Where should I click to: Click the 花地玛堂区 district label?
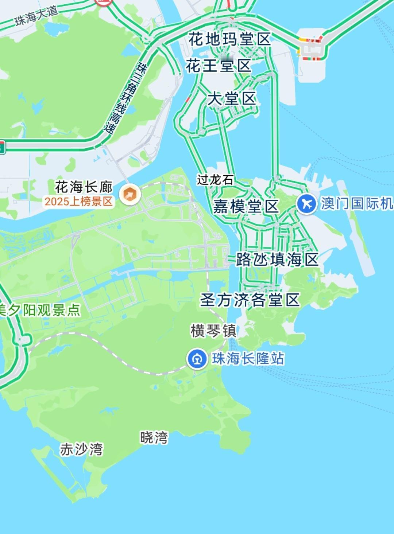230,39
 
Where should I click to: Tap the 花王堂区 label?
219,66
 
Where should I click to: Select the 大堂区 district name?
232,99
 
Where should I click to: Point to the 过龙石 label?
215,180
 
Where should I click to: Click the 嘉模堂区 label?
246,207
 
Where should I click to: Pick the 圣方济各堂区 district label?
250,300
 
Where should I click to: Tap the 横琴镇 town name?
213,331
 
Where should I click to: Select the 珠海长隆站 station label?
248,359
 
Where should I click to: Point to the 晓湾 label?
154,437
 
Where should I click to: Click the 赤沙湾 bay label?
81,449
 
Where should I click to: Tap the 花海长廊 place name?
84,187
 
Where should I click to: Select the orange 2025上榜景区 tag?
78,202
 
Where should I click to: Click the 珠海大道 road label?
36,16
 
